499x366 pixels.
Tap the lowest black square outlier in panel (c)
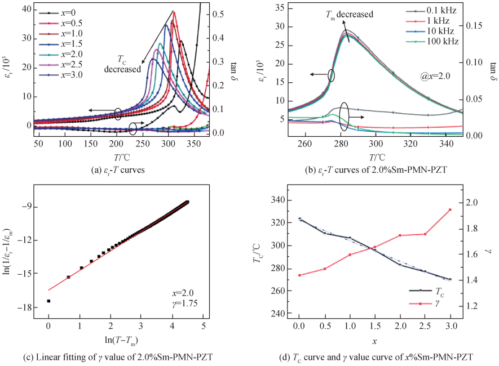click(48, 301)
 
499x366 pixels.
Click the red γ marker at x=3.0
click(450, 209)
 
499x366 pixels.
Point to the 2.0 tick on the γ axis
click(470, 203)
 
